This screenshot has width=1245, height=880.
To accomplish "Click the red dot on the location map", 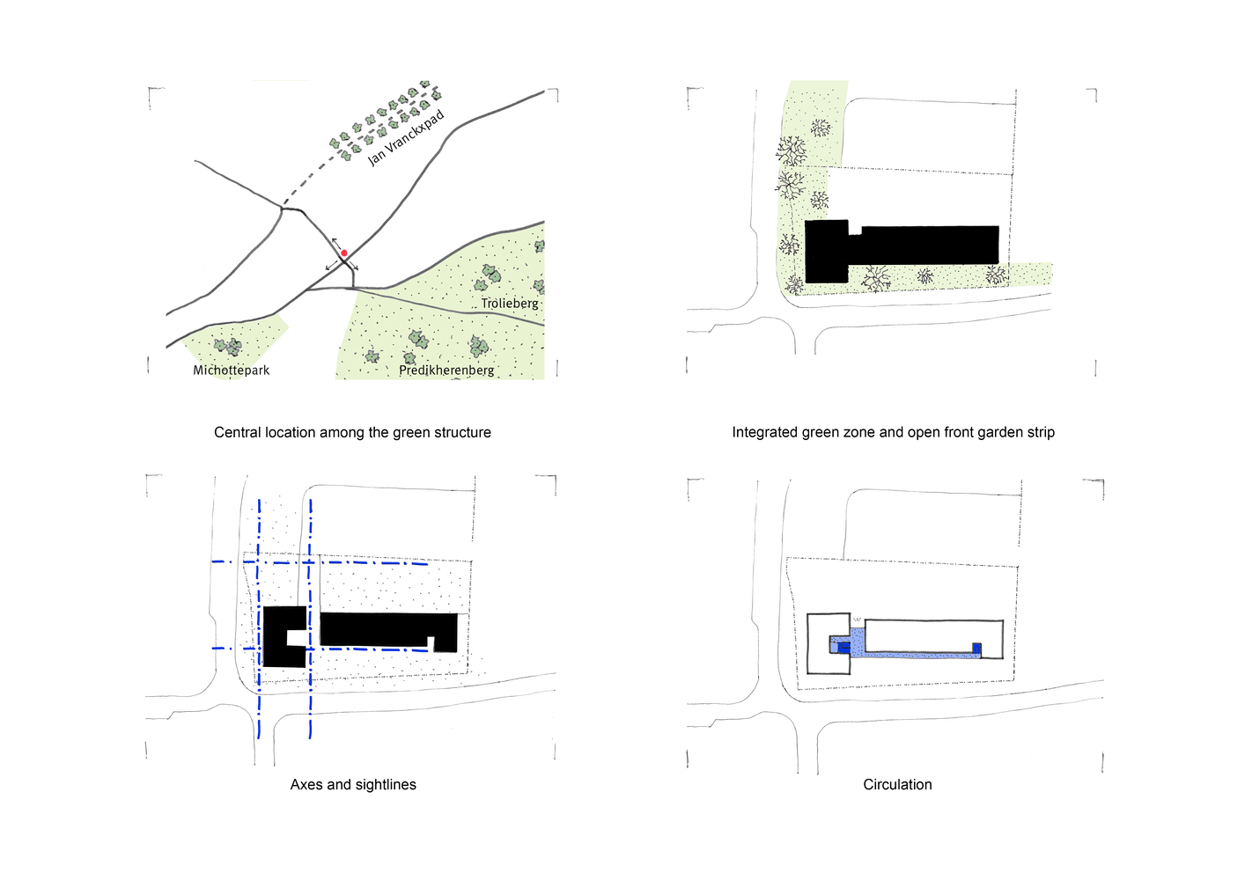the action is click(344, 253).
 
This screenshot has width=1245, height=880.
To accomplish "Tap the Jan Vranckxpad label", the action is click(406, 137).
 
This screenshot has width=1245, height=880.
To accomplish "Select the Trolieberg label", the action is click(510, 304).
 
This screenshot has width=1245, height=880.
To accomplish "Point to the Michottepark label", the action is click(232, 370).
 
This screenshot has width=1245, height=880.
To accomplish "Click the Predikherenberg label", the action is click(446, 370).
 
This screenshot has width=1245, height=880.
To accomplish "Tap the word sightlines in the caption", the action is click(386, 784).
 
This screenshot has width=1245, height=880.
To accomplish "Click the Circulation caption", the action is click(897, 784).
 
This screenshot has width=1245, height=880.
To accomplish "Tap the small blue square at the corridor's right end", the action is click(976, 649).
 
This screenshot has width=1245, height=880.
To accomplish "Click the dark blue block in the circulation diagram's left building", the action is click(844, 647).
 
